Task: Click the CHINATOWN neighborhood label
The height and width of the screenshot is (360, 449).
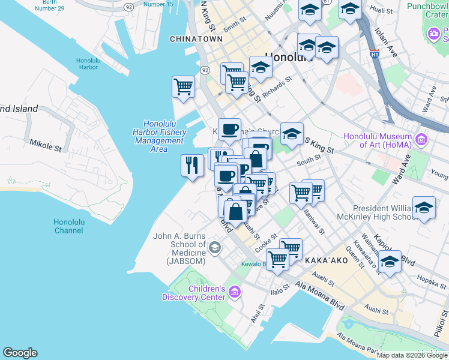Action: click(196, 39)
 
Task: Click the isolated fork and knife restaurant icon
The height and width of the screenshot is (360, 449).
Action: click(191, 165)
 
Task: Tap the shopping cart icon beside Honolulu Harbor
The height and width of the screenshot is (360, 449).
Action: click(183, 86)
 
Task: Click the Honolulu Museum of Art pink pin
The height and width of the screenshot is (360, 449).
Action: click(421, 140)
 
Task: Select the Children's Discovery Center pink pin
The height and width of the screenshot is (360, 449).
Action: click(234, 293)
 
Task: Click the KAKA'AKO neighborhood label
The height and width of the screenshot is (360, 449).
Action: click(324, 262)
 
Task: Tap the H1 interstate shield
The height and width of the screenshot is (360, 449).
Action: click(375, 53)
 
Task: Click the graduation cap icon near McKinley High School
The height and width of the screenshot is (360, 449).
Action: click(424, 209)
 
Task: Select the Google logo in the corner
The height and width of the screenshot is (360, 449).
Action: click(20, 353)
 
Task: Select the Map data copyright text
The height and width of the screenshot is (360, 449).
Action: click(412, 355)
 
